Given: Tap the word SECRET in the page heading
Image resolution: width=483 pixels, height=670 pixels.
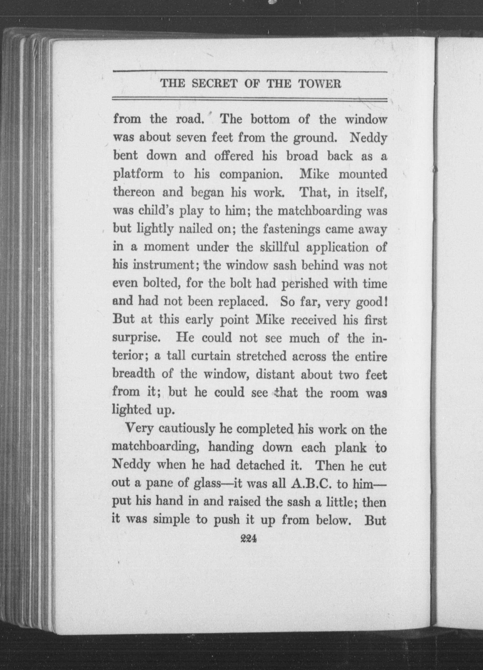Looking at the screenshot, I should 214,84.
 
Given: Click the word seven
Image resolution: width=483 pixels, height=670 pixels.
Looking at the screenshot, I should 191,138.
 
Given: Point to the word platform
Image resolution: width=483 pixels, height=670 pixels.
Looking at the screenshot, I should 138,174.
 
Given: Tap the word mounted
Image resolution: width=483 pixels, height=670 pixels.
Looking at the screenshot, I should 363,174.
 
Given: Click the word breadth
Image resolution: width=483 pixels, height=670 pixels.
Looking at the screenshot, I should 134,375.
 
